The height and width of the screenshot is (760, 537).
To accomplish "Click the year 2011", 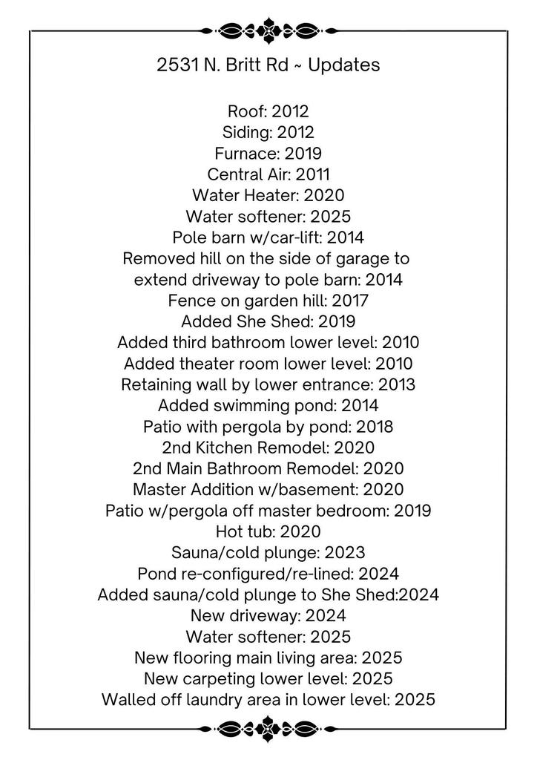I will pyautogui.click(x=312, y=174).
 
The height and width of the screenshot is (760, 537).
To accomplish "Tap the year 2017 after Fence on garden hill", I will pyautogui.click(x=350, y=301).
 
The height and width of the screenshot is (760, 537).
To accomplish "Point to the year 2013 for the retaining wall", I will pyautogui.click(x=397, y=384).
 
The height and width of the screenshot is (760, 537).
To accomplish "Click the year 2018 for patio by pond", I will pyautogui.click(x=375, y=427).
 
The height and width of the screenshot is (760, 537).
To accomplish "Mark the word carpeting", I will pyautogui.click(x=226, y=678).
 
